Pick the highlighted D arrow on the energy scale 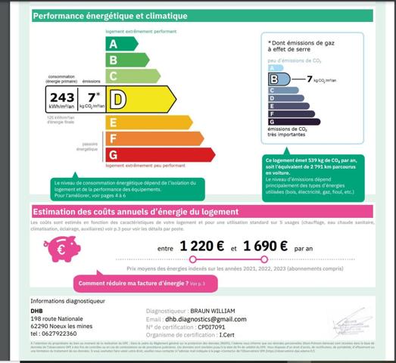(x=140, y=98)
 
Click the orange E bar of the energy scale (x=148, y=122)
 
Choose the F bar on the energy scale (x=154, y=138)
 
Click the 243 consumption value (x=62, y=98)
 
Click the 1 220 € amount (x=202, y=246)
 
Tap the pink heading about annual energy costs (x=136, y=212)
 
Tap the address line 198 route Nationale (x=58, y=319)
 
